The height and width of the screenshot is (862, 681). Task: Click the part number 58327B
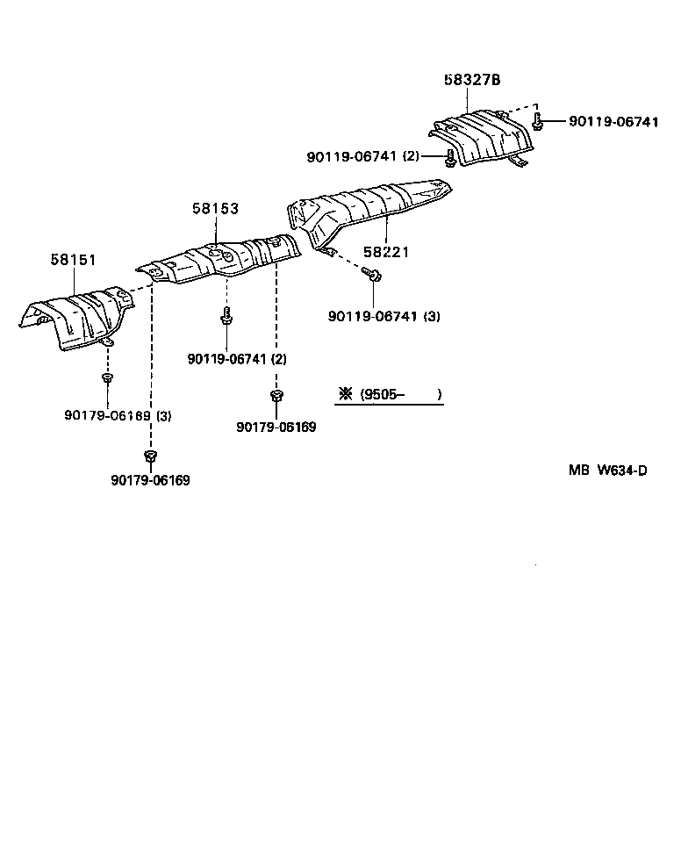point(471,79)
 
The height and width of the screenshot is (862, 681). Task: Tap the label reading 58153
point(215,209)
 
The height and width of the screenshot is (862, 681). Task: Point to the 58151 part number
point(73,260)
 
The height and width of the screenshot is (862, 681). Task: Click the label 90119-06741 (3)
point(384,316)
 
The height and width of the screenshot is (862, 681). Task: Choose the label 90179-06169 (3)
point(118,415)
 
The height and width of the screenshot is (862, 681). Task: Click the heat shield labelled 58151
point(79,315)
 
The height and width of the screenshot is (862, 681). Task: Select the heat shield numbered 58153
point(219,258)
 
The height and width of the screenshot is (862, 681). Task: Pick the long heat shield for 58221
point(369,211)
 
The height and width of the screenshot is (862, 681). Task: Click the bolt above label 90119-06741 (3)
point(375,276)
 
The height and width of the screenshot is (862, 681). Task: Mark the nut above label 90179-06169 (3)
point(106,378)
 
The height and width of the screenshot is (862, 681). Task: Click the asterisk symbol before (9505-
point(345,395)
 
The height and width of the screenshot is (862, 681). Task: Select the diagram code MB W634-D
point(607,470)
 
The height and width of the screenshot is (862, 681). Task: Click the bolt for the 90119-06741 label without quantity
point(538,122)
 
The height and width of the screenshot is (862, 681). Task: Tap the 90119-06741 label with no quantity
point(613,122)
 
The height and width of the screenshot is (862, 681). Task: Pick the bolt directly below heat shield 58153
point(226,317)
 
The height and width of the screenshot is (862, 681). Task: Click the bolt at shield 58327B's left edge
point(450,158)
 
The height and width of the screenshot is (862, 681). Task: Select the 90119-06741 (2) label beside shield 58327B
point(362,157)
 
